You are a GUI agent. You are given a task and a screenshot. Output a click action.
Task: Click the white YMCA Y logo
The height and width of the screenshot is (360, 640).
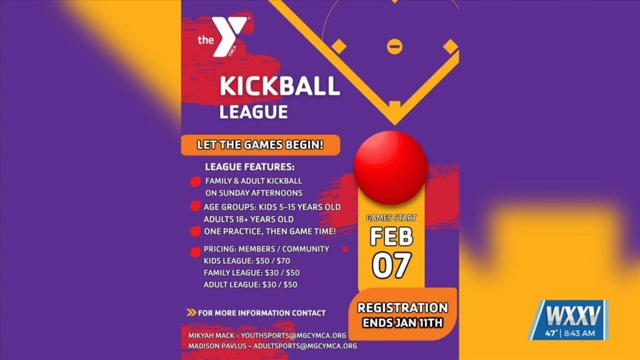click(227, 36)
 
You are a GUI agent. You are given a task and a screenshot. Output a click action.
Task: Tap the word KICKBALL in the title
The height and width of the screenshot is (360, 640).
click(279, 86)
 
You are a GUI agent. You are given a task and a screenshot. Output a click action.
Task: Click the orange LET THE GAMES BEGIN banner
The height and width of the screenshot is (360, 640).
click(261, 145)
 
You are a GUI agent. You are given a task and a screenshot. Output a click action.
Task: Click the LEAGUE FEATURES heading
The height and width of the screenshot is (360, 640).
click(249, 167)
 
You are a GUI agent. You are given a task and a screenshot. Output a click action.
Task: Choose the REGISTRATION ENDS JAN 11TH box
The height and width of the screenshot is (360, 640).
click(402, 315)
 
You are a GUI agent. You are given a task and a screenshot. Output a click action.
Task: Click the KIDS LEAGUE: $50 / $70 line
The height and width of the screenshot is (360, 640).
click(247, 261)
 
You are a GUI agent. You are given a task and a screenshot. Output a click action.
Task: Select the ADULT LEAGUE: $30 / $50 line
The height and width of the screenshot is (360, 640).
click(251, 284)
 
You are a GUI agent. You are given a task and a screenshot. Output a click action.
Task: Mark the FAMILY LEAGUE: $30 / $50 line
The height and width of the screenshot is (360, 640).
click(251, 272)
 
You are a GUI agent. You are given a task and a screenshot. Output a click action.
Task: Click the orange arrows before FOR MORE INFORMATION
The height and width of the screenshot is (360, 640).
click(191, 312)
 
